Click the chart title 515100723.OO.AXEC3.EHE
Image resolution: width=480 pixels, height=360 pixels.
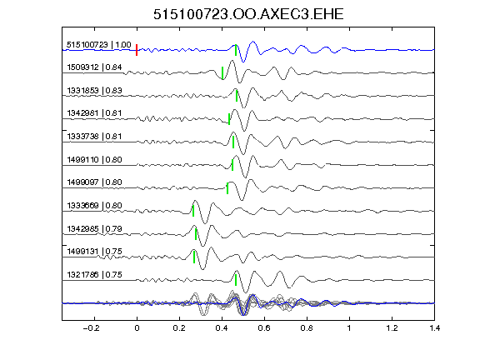click(248, 14)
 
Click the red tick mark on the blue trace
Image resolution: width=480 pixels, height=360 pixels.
click(137, 50)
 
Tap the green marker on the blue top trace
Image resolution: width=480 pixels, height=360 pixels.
click(236, 50)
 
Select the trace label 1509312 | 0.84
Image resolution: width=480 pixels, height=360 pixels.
click(94, 67)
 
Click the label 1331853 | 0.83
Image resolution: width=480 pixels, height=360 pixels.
click(94, 91)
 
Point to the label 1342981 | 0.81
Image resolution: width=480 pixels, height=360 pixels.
click(94, 113)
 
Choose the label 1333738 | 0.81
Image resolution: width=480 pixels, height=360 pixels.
click(94, 137)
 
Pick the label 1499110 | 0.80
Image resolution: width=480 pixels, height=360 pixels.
click(94, 160)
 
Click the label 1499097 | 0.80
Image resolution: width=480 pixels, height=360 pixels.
click(94, 182)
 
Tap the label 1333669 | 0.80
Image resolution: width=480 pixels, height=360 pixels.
click(94, 206)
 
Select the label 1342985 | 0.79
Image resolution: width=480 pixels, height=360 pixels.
click(94, 229)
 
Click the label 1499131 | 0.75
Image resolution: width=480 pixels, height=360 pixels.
click(94, 252)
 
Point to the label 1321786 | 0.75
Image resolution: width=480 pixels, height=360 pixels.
click(94, 275)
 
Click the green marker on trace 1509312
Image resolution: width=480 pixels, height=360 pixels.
click(222, 73)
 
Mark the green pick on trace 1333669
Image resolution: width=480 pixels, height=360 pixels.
click(193, 211)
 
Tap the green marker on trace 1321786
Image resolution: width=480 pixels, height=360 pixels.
click(236, 280)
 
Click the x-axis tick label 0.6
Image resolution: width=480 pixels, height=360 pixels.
click(264, 328)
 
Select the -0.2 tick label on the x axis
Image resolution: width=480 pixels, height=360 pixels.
click(91, 328)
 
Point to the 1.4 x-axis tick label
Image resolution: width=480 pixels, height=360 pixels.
click(434, 328)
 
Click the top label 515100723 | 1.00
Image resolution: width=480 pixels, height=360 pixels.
click(99, 45)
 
